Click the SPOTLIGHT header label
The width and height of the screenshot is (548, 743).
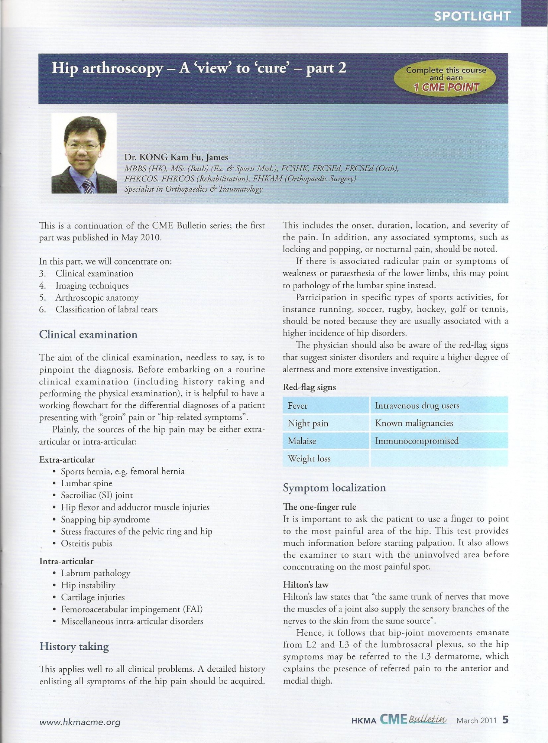tap(472, 16)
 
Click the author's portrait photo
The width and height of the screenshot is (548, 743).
tap(84, 153)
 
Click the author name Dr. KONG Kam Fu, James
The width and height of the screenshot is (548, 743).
tap(176, 157)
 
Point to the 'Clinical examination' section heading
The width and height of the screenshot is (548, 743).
tap(88, 334)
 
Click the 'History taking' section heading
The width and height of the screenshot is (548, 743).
tap(74, 646)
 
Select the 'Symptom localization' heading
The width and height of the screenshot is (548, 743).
tap(334, 487)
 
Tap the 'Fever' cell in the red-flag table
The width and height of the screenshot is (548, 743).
tap(298, 406)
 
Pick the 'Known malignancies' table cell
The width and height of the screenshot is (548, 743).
tap(414, 423)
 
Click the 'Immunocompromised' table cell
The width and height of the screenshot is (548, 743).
tap(416, 441)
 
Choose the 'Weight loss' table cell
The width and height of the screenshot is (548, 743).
tap(309, 459)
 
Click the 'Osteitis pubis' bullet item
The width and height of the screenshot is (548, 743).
tap(86, 544)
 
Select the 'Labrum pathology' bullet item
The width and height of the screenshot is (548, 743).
tap(95, 573)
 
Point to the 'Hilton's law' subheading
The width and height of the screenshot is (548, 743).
tap(306, 585)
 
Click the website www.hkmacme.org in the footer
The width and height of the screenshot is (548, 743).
tap(80, 722)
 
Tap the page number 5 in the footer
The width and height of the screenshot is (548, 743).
tap(505, 720)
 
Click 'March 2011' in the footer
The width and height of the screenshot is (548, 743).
tap(476, 721)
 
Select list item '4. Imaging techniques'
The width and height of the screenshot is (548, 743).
tap(92, 286)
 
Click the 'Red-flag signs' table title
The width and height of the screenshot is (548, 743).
tap(309, 387)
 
